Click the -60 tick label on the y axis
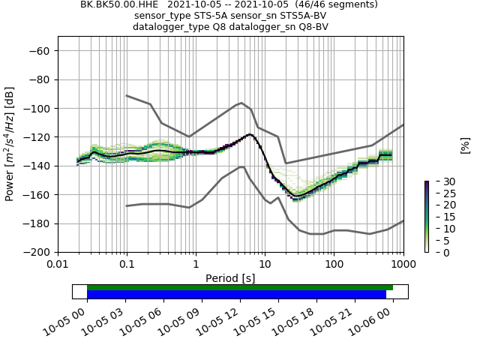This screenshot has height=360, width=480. coord(39,51)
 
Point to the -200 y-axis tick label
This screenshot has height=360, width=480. coord(37,252)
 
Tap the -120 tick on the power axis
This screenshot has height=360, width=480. coord(37,137)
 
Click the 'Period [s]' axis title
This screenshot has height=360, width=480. coord(230,278)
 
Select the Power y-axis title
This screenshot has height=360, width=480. coord(10,148)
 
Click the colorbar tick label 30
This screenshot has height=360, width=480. coord(439,181)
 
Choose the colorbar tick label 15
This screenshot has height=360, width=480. coord(439,217)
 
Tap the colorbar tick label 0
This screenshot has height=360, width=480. coord(436,252)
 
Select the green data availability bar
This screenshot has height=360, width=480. coord(240,287)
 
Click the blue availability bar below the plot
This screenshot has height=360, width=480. coord(236,295)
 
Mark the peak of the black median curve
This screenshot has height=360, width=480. coord(249,134)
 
